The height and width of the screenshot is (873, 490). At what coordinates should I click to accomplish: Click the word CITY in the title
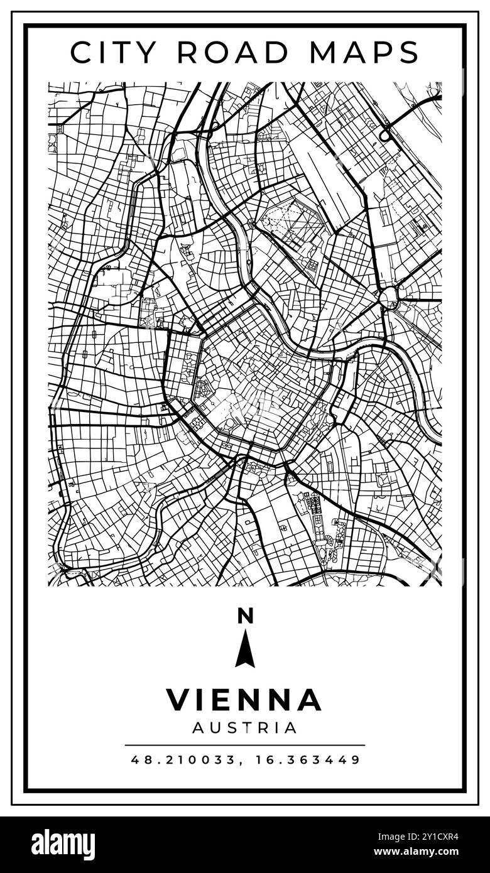click(114, 53)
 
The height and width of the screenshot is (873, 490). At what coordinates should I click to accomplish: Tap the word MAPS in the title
click(364, 53)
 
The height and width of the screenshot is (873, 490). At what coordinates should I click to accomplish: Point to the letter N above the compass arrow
click(245, 616)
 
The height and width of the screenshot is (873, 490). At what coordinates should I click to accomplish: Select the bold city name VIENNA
click(244, 700)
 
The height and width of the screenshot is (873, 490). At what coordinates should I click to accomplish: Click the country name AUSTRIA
click(244, 728)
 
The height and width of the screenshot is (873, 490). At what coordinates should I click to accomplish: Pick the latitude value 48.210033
click(182, 760)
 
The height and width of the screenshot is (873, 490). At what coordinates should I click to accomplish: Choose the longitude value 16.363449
click(308, 760)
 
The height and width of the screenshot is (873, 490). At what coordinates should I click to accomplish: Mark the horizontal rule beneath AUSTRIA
click(244, 745)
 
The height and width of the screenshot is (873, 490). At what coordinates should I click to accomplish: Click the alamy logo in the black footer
click(63, 844)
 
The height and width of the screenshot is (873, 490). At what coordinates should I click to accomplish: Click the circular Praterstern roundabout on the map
click(389, 296)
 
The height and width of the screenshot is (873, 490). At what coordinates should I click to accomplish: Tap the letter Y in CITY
click(146, 53)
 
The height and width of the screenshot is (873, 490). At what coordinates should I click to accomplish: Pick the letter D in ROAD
click(280, 53)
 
